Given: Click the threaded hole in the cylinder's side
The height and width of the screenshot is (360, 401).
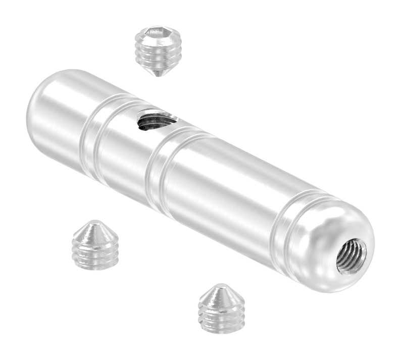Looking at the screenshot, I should click(157, 121).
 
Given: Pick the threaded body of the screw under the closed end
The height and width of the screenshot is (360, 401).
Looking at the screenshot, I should click(95, 252).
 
